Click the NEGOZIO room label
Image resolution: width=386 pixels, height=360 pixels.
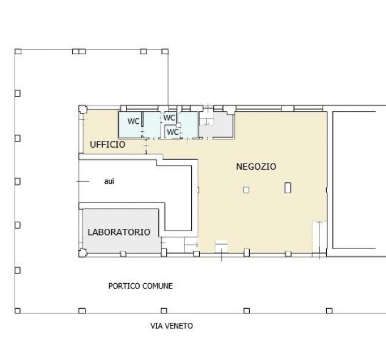pyautogui.click(x=256, y=167)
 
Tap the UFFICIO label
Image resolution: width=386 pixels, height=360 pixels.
pyautogui.click(x=107, y=145)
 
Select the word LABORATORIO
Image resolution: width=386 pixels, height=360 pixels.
pyautogui.click(x=119, y=232)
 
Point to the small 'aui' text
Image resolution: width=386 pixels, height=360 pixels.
pyautogui.click(x=109, y=181)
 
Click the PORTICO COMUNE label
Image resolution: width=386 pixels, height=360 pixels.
pyautogui.click(x=140, y=286)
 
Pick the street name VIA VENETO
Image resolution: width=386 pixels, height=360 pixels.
pyautogui.click(x=172, y=326)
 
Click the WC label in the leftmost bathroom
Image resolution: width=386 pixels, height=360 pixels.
pyautogui.click(x=133, y=121)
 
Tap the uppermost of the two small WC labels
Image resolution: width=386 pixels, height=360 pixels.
pyautogui.click(x=169, y=118)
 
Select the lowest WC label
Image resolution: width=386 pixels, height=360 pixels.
pyautogui.click(x=173, y=132)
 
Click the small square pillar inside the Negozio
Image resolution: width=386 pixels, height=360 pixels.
pyautogui.click(x=246, y=190)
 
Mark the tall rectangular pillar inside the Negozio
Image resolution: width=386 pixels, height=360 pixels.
pyautogui.click(x=288, y=188)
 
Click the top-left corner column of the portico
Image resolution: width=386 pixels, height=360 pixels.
pyautogui.click(x=18, y=52)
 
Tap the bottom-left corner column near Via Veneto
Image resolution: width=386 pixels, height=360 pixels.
pyautogui.click(x=18, y=311)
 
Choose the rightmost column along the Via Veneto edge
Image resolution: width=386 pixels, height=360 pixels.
pyautogui.click(x=329, y=311)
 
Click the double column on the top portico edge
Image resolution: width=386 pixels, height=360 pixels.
pyautogui.click(x=79, y=52)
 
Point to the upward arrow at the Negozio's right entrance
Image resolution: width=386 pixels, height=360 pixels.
pyautogui.click(x=319, y=240)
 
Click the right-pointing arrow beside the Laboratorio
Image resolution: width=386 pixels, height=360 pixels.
pyautogui.click(x=191, y=245)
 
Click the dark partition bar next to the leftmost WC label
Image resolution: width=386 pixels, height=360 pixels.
pyautogui.click(x=142, y=120)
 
